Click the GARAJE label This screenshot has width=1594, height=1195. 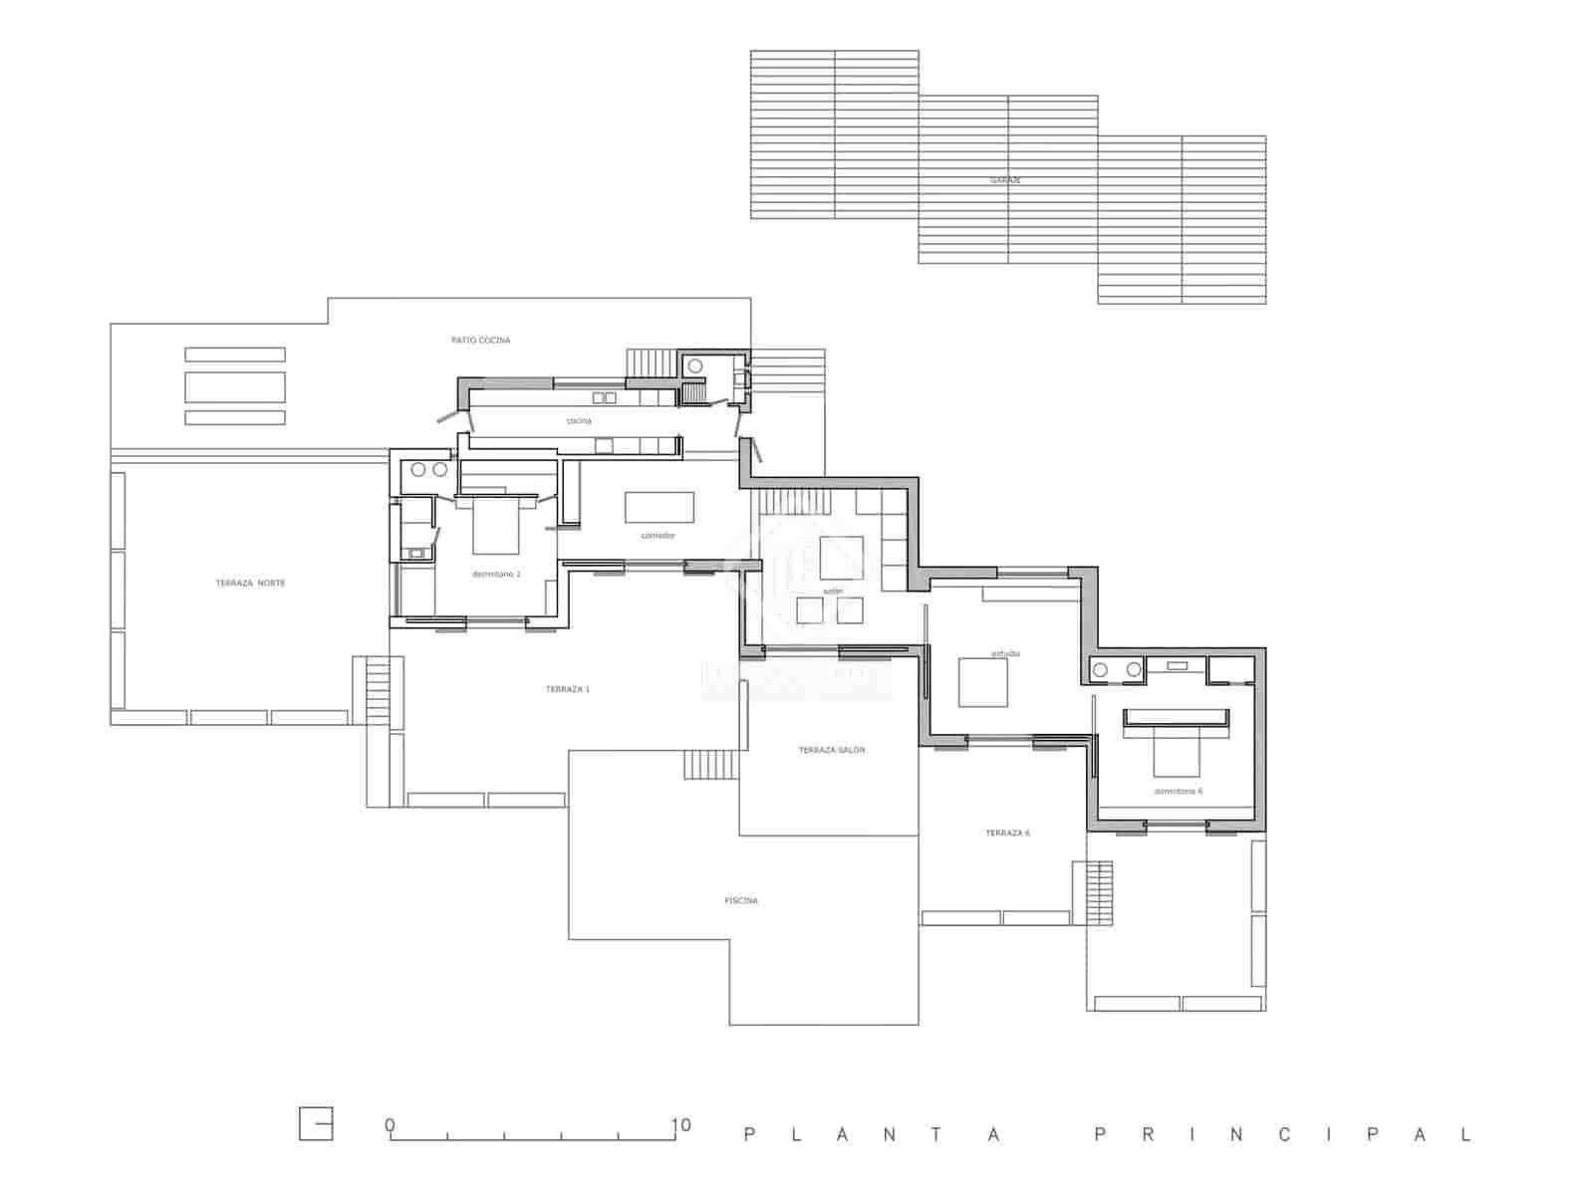1005,180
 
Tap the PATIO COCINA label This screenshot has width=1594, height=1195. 480,341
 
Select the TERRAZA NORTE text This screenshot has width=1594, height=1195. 250,583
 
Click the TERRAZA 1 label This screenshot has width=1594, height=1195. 567,689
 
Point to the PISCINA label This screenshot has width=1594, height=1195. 741,900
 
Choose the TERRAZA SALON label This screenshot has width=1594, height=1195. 831,750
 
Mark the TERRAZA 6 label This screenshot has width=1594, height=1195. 1007,833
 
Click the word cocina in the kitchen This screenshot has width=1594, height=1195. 578,421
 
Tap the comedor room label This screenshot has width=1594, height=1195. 658,536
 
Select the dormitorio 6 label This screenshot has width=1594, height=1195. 1178,791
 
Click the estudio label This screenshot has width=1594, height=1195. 1005,654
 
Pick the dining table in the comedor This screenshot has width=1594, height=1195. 660,507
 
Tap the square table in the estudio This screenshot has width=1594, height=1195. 982,682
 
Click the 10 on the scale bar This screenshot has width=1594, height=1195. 680,1126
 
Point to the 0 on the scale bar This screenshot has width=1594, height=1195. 391,1126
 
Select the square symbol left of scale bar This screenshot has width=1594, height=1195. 316,1124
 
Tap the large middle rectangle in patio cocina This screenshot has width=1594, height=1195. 235,386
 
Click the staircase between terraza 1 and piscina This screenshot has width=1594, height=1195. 709,765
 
